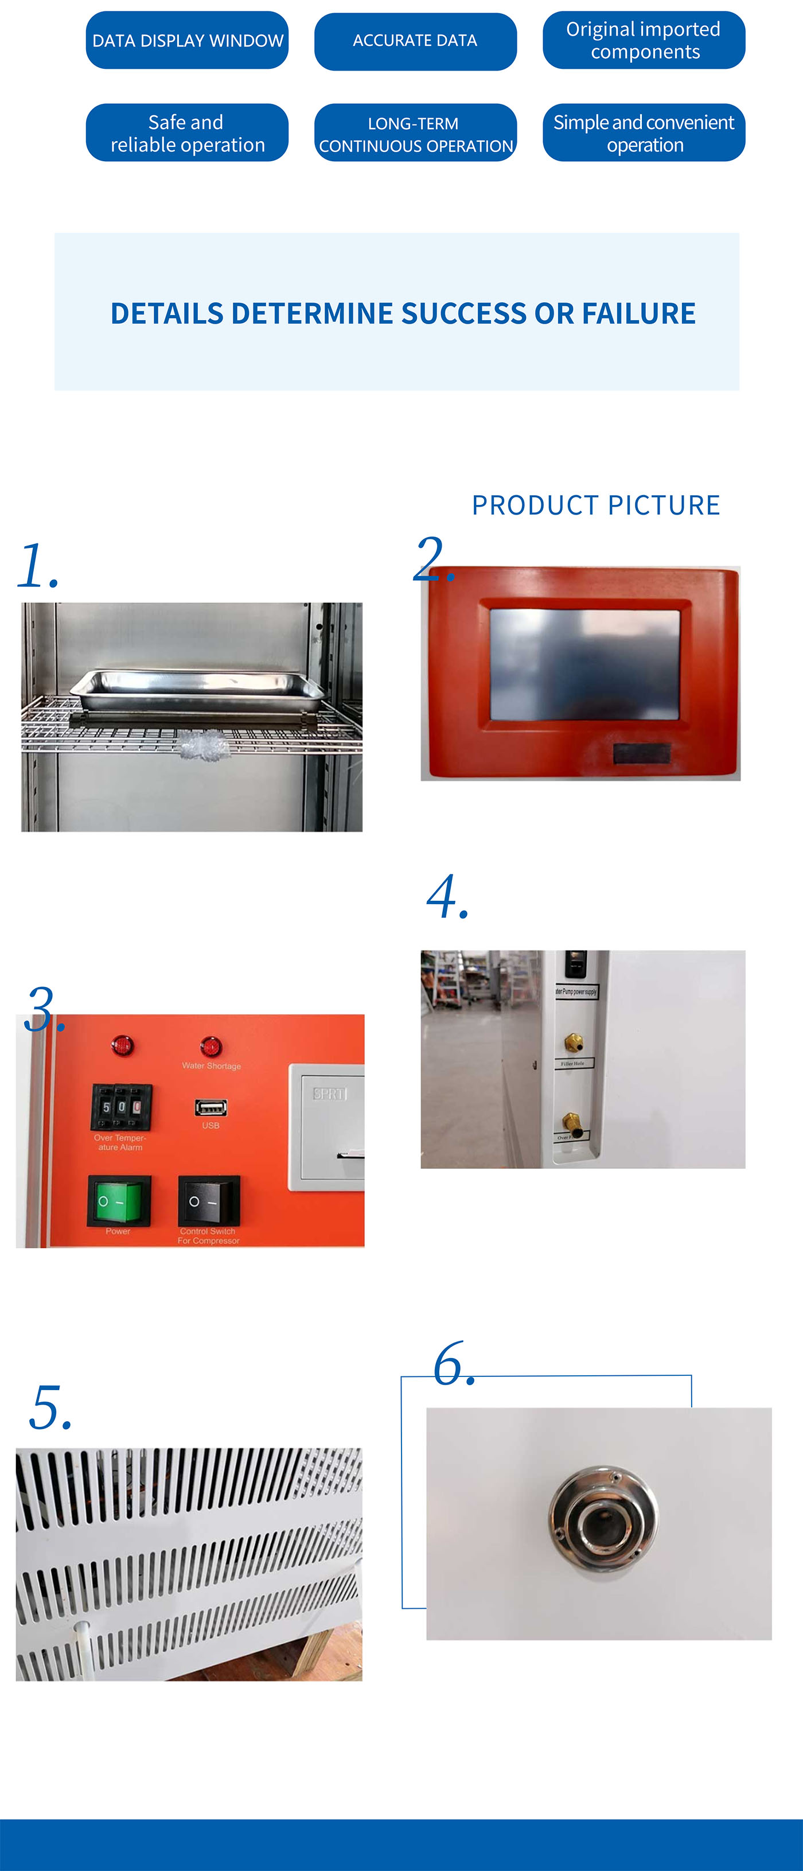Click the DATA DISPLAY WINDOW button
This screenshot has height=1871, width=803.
[x=188, y=41]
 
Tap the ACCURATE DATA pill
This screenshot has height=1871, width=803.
[x=415, y=41]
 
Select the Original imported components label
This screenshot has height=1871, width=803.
[x=644, y=41]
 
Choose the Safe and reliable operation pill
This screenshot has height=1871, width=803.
[x=188, y=133]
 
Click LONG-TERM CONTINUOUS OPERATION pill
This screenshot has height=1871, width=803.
[x=415, y=134]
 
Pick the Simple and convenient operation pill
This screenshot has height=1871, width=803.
[x=644, y=133]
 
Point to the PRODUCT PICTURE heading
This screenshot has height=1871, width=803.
[x=595, y=505]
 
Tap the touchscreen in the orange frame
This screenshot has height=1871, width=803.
[x=584, y=664]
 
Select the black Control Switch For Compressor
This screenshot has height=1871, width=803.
[x=208, y=1201]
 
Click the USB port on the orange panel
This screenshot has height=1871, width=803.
[x=211, y=1108]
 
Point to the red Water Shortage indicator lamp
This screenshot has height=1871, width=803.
[x=211, y=1047]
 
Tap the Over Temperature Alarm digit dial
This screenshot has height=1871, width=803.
[x=121, y=1107]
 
